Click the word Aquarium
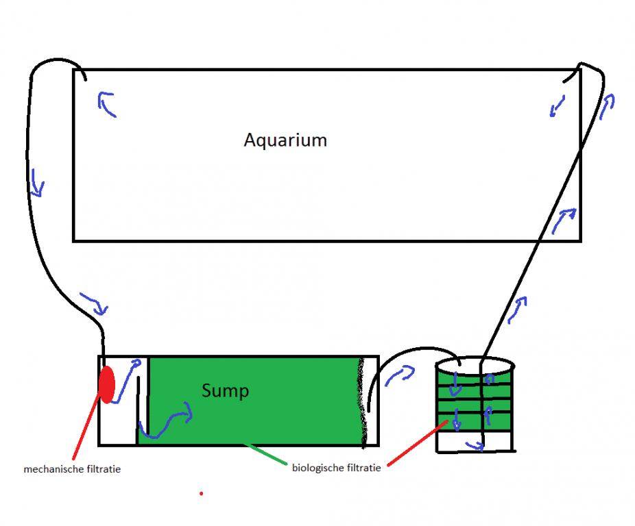pos(285,140)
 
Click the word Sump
pos(225,391)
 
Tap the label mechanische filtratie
pos(72,469)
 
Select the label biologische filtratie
pos(337,468)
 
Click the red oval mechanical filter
pos(107,385)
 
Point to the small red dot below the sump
pos(202,494)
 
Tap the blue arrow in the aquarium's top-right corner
pos(558,106)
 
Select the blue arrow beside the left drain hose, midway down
pos(37,183)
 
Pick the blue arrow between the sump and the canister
pos(400,375)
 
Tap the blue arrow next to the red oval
pos(126,381)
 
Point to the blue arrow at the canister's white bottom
pos(475,446)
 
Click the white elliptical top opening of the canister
pos(475,366)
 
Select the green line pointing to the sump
pos(265,453)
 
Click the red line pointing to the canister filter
pos(418,443)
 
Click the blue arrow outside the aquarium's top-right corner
pos(607,106)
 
